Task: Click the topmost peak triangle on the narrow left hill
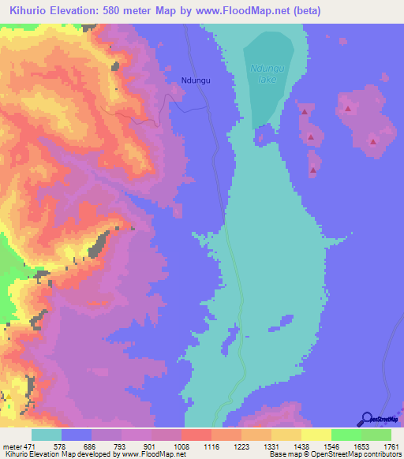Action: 304,113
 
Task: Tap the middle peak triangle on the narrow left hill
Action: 311,138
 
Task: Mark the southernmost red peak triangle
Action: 314,170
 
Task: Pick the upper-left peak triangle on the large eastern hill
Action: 347,108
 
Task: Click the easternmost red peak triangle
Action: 373,142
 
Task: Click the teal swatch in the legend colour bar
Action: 47,435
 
